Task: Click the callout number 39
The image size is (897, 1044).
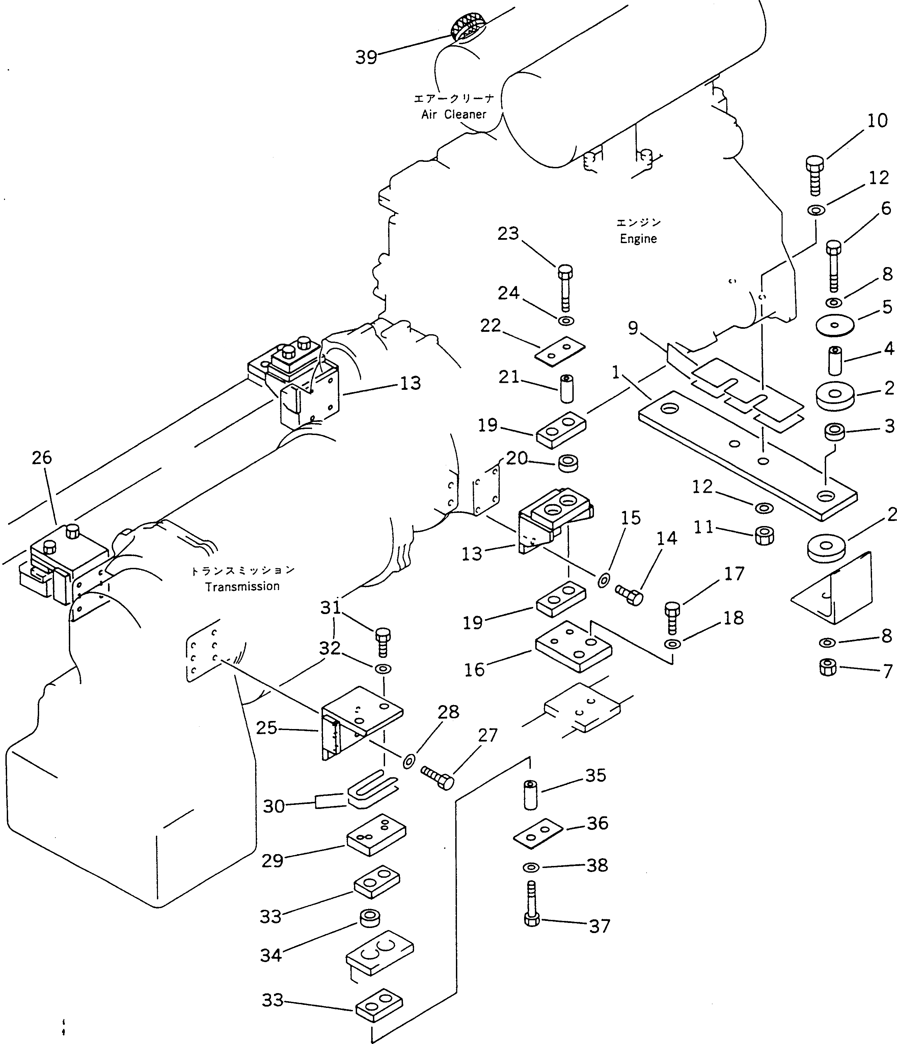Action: coord(366,57)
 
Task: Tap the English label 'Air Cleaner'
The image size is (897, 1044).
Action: coord(454,114)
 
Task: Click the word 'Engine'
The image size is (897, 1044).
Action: coord(638,238)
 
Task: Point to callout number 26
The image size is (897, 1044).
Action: coord(42,458)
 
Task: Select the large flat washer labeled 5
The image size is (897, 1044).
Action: coord(835,325)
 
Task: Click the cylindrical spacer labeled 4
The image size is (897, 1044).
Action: coord(835,360)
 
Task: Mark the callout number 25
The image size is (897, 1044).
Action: coord(266,728)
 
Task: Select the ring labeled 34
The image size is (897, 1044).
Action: coord(370,919)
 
